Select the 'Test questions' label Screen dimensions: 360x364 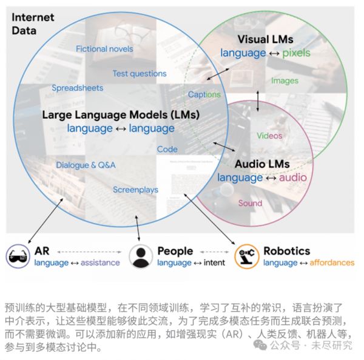(140, 73)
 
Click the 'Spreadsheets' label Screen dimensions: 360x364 (77, 87)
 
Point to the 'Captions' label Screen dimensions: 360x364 (204, 95)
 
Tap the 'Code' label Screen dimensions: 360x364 (167, 149)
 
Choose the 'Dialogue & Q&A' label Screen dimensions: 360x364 (86, 165)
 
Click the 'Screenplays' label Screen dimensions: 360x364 (135, 190)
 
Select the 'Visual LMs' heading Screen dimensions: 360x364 (264, 38)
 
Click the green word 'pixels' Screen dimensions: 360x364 (295, 53)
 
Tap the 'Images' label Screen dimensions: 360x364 (285, 80)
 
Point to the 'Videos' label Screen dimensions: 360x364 (269, 136)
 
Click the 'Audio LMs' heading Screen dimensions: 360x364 (262, 164)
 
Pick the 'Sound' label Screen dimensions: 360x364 (250, 203)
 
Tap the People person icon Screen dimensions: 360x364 (141, 256)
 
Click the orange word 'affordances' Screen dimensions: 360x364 (332, 262)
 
